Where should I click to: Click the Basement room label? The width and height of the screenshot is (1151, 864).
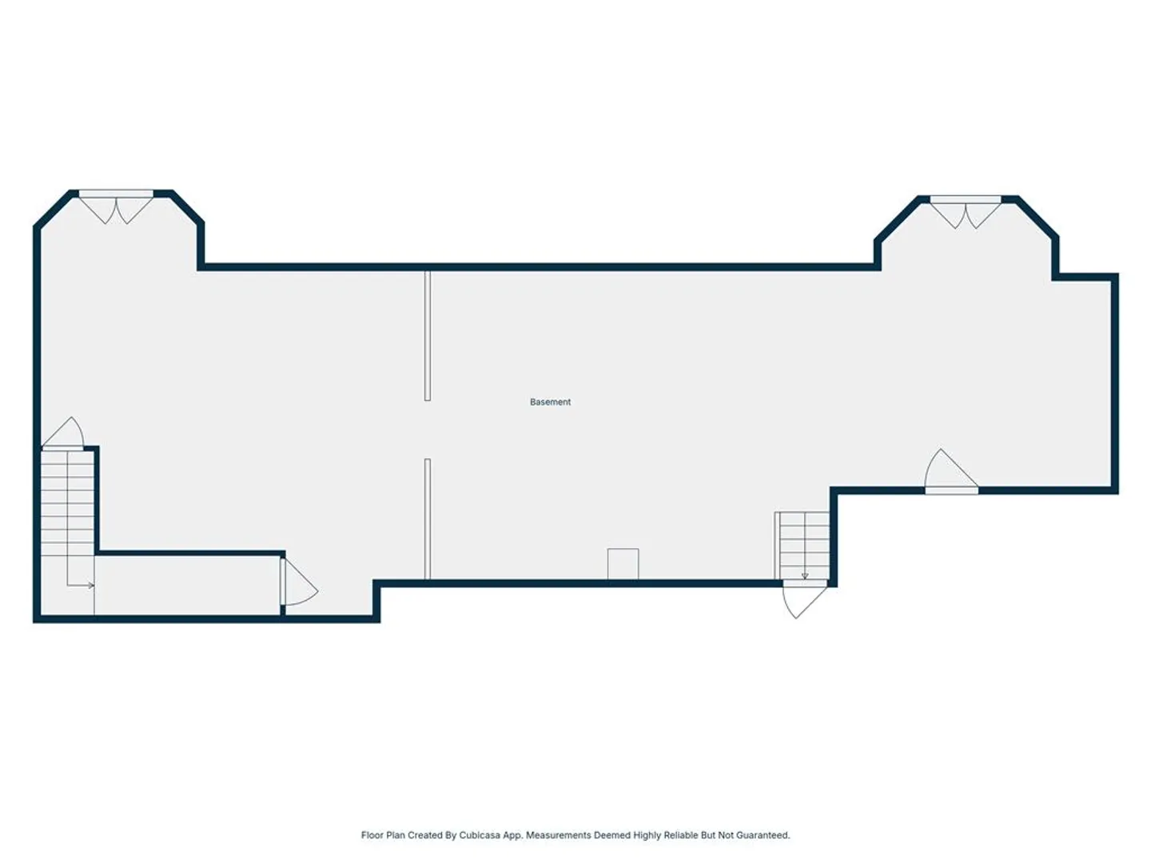(550, 402)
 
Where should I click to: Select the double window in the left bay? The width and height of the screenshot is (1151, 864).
(116, 206)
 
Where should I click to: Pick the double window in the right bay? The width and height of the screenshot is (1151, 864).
(966, 211)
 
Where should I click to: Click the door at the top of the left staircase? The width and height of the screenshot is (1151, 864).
(63, 433)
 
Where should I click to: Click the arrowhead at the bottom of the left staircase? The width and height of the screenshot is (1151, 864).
(91, 586)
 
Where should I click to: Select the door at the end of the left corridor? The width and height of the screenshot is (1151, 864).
(298, 582)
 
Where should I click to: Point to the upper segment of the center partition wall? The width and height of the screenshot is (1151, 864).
(428, 336)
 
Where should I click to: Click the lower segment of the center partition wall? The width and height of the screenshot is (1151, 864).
(428, 519)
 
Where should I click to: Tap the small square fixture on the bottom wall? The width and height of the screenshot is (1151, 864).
(623, 564)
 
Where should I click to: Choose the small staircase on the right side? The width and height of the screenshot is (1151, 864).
(802, 546)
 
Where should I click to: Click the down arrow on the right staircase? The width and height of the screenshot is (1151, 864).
(805, 576)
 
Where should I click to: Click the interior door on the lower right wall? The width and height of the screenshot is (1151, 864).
(951, 471)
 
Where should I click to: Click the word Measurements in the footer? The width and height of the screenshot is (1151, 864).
(558, 834)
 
